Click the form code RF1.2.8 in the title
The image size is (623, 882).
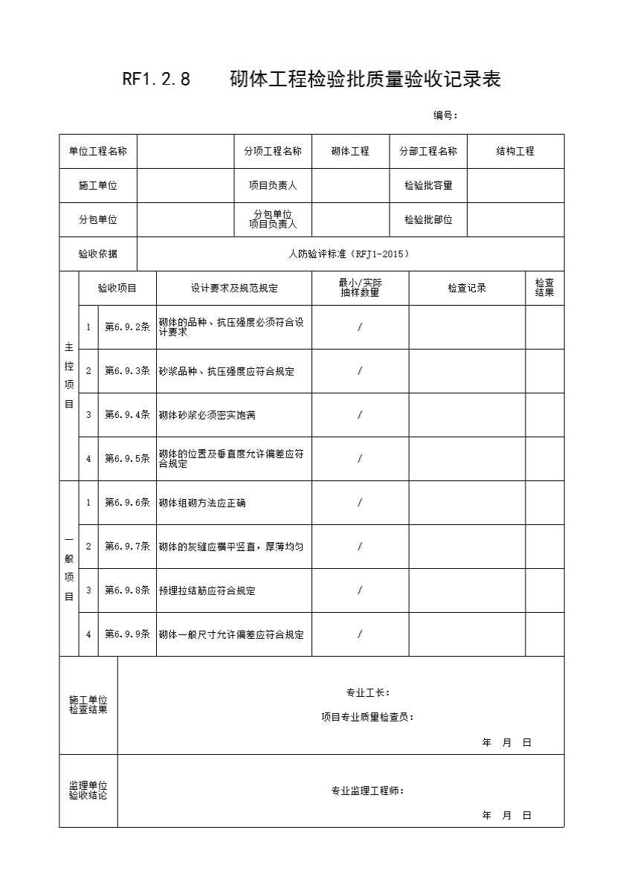click(156, 79)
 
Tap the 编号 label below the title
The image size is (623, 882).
click(445, 115)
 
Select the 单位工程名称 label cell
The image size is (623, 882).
click(98, 151)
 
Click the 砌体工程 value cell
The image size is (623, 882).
click(350, 151)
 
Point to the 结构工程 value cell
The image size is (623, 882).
click(515, 151)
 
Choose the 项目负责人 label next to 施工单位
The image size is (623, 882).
click(273, 185)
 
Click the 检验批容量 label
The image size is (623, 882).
click(428, 185)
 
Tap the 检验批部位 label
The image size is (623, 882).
click(428, 219)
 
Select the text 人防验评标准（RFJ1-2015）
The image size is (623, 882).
click(349, 254)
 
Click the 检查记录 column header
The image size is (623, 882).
click(467, 288)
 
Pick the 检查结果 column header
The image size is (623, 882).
click(544, 288)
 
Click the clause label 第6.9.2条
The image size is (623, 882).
click(127, 326)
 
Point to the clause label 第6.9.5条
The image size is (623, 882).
click(127, 458)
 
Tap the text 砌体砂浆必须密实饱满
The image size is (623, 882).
click(207, 415)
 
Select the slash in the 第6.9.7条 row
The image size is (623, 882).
click(360, 547)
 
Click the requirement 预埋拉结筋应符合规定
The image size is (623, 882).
click(207, 590)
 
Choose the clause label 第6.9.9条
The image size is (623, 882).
click(127, 634)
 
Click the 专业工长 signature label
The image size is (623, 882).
click(367, 692)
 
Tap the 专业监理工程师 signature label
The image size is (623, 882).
click(367, 791)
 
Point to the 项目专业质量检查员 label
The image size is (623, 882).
click(367, 717)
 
